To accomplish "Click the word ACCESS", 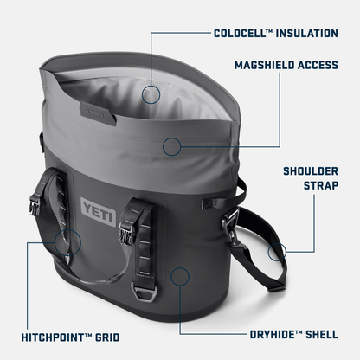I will (318, 64).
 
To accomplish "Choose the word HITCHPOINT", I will (56, 335).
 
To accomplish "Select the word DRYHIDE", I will (268, 335).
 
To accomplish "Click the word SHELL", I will (320, 335).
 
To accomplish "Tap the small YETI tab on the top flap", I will (95, 112).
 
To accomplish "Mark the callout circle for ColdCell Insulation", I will (152, 94).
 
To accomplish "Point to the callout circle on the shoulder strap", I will (277, 253).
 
